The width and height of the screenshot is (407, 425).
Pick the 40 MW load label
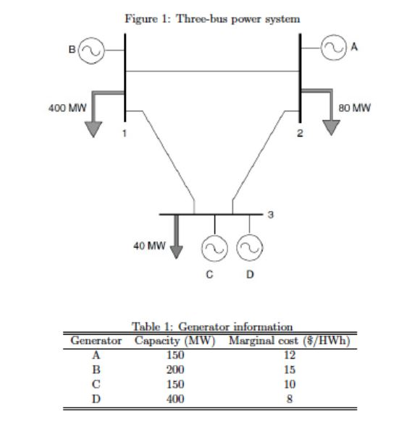click(147, 245)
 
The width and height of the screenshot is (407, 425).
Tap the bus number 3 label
click(271, 215)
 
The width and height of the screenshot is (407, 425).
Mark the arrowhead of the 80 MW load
click(330, 127)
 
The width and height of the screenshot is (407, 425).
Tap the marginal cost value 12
click(289, 355)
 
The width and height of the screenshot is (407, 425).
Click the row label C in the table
click(95, 384)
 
